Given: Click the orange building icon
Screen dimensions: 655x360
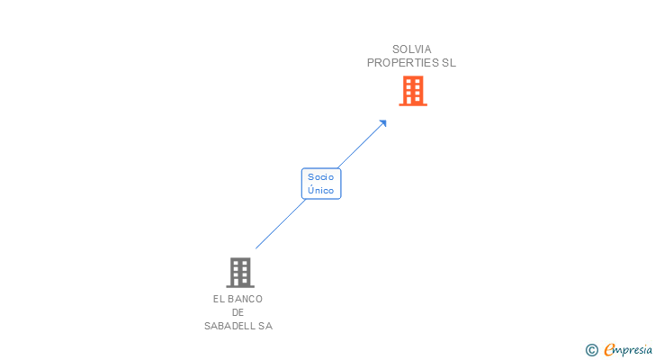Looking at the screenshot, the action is (x=412, y=91).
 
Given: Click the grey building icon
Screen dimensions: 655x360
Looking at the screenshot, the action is (x=239, y=272).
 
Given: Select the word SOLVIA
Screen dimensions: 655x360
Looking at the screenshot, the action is (x=412, y=49).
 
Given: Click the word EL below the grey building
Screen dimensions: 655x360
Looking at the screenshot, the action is (x=219, y=299).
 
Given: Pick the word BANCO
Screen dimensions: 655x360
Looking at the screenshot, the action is (x=245, y=299).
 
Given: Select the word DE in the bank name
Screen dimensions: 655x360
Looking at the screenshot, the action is (x=238, y=312).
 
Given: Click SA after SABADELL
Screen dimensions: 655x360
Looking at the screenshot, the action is (x=265, y=326).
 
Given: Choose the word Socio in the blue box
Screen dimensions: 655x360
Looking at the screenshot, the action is (x=321, y=176).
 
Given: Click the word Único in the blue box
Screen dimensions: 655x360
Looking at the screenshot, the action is (x=321, y=190).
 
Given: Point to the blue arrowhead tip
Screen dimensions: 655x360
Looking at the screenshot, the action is (x=385, y=121).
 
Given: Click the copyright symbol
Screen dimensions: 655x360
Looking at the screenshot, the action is (x=591, y=350).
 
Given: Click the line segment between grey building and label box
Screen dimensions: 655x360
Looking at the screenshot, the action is (x=280, y=224).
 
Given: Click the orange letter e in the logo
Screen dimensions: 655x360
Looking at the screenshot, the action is (x=609, y=350).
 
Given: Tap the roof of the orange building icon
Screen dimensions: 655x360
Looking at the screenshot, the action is (x=412, y=77).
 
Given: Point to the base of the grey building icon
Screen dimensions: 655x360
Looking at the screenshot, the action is (x=239, y=285).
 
